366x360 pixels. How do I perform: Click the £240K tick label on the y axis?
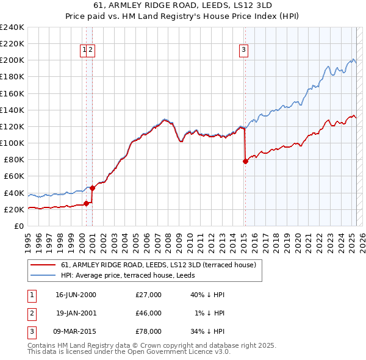(x=12, y=27)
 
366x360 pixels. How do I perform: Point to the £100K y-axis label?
(x=12, y=143)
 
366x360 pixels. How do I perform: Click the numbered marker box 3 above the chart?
(x=243, y=50)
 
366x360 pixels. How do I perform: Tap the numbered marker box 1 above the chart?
(x=84, y=50)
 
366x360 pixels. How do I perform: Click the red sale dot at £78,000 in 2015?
(x=245, y=161)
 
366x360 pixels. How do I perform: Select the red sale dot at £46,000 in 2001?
(x=93, y=188)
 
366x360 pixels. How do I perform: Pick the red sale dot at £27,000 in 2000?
(x=87, y=203)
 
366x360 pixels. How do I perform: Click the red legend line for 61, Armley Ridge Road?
(x=42, y=265)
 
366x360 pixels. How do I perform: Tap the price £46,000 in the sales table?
(x=148, y=313)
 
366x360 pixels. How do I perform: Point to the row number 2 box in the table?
(x=30, y=313)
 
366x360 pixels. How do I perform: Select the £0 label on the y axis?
(x=19, y=226)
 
